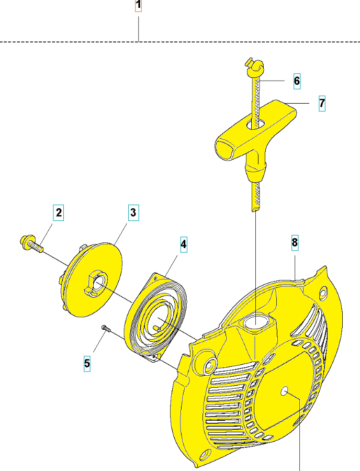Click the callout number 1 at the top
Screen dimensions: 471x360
138,6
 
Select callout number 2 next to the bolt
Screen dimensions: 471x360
59,212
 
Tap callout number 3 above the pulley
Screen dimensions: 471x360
133,212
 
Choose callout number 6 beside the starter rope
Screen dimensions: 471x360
296,81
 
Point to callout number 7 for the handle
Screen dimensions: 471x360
322,103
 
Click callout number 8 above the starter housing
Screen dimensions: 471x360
295,242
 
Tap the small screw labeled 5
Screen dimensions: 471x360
106,328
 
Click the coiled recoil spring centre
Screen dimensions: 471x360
158,319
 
